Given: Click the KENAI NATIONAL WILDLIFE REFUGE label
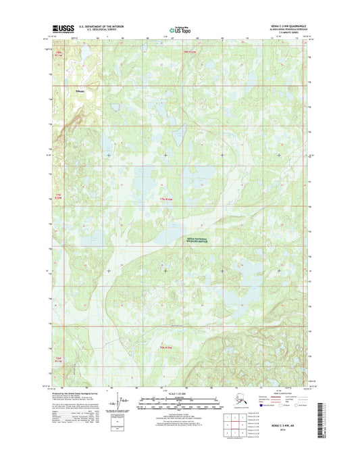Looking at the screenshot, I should tap(198, 240).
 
